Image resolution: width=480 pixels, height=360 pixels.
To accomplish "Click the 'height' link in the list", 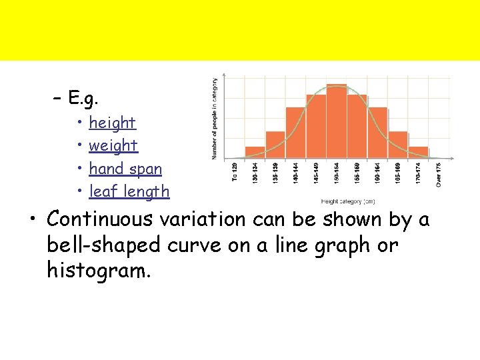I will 112,123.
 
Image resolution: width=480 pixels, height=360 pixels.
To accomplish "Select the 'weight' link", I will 113,145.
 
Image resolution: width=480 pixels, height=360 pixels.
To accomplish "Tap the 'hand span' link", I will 125,169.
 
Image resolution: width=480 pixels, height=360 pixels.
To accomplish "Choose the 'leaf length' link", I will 129,191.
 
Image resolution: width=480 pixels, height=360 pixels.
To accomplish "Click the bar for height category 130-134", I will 255,153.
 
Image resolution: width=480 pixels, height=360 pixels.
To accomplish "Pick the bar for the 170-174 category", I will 418,153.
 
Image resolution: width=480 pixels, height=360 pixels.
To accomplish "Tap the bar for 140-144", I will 296,133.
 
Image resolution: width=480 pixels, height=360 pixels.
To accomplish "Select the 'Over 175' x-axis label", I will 439,175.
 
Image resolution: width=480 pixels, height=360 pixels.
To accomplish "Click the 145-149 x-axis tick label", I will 316,175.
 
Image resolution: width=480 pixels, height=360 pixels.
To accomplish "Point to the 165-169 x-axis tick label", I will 398,175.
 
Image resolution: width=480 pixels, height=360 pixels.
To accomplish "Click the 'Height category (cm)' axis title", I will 347,201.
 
